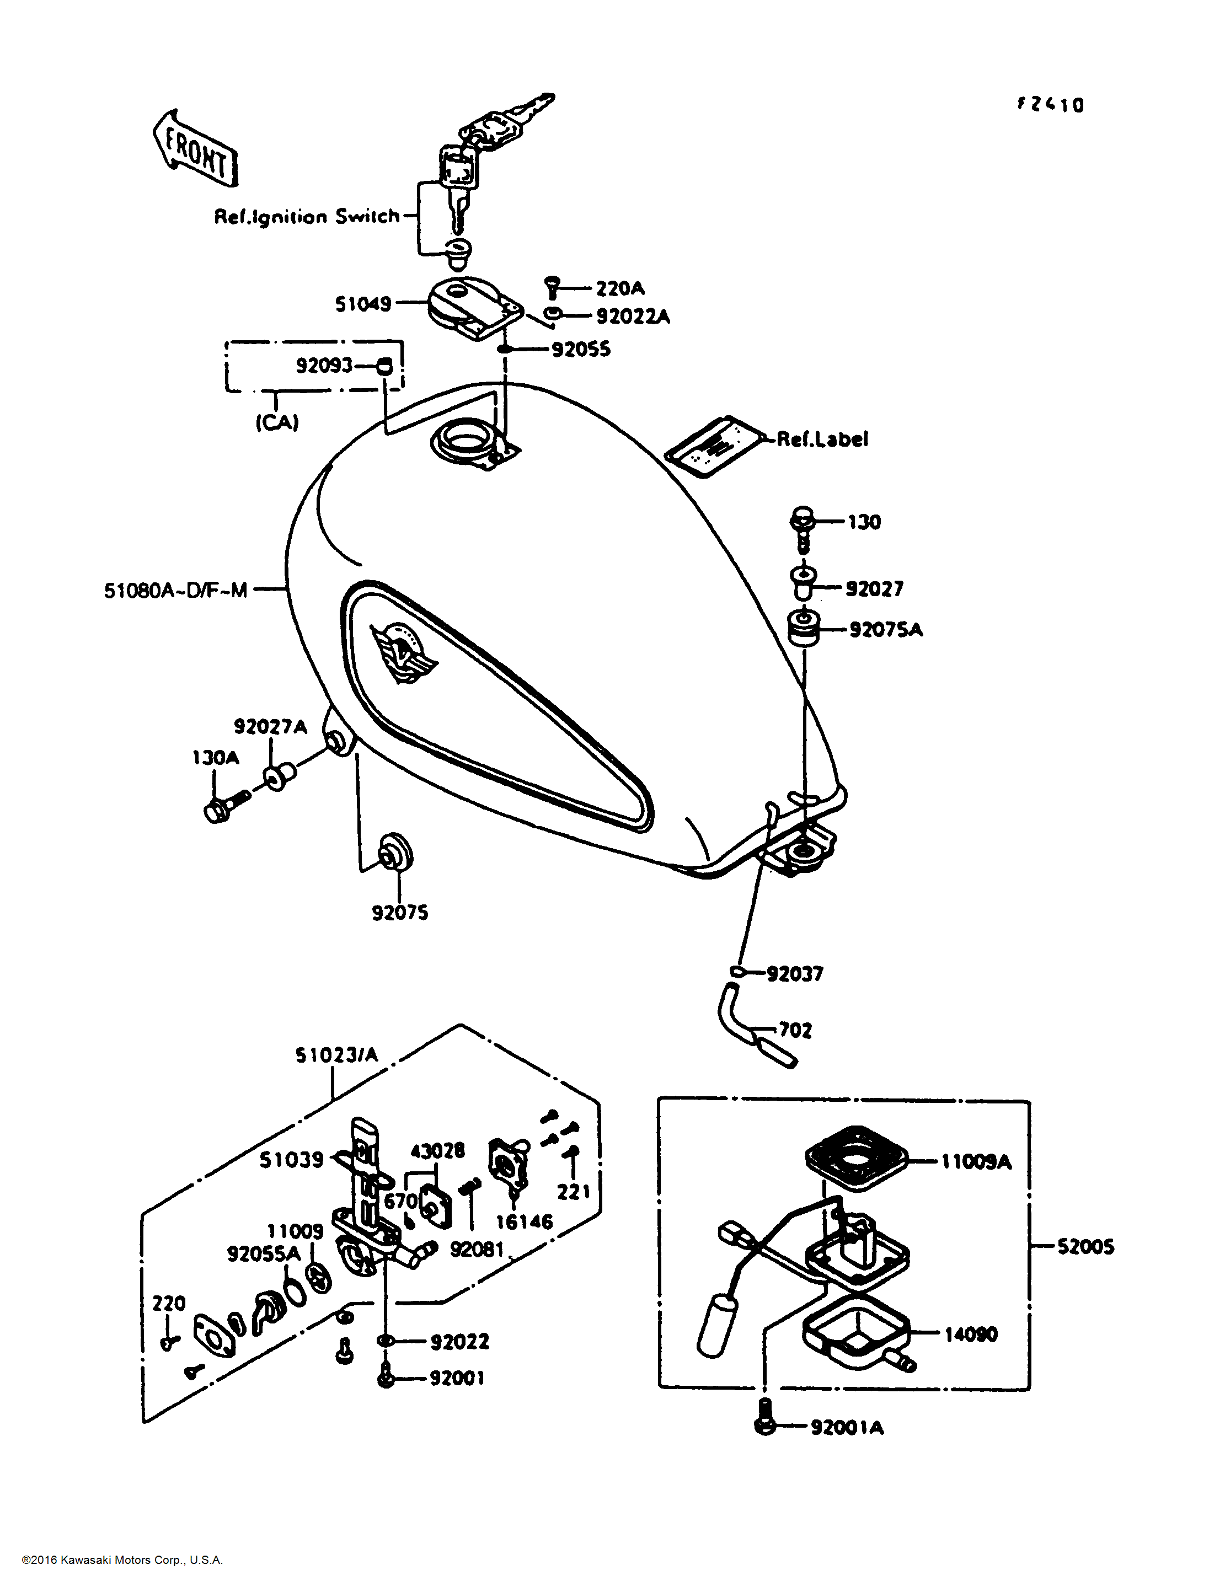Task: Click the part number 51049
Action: click(x=363, y=304)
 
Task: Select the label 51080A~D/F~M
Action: click(x=175, y=591)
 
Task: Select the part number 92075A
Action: click(x=885, y=630)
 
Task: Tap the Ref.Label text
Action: click(x=822, y=439)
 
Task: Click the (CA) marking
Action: click(x=277, y=422)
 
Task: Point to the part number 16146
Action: click(x=524, y=1221)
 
